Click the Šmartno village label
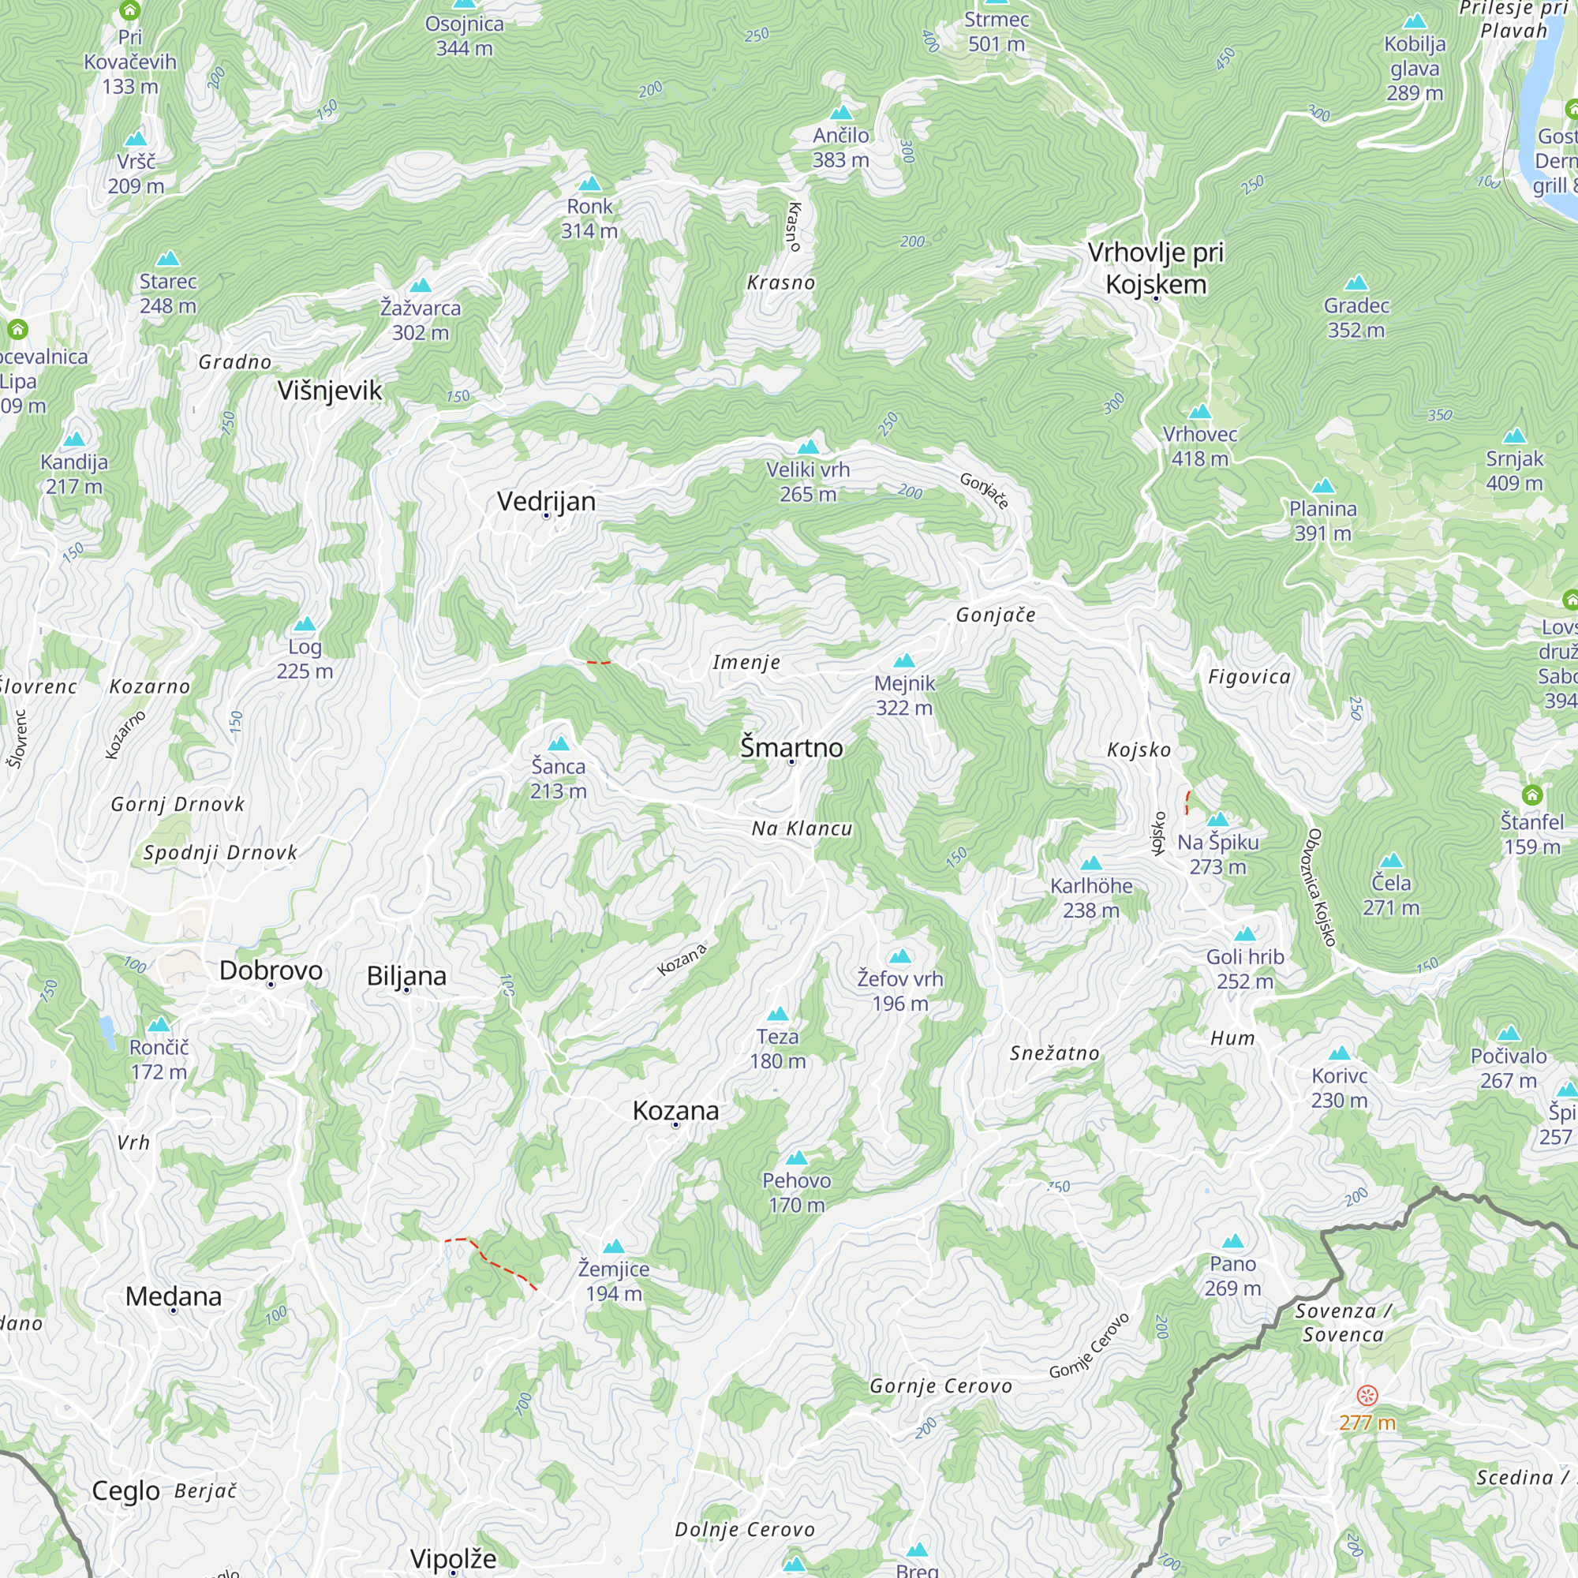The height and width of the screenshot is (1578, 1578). click(x=791, y=747)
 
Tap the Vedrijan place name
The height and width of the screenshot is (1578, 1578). click(x=546, y=501)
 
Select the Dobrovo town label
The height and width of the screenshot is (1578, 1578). click(x=271, y=970)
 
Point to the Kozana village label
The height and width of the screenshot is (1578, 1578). click(x=675, y=1111)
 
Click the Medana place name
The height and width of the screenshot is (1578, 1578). click(x=173, y=1296)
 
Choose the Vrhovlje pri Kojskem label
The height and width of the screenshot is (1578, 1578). click(x=1156, y=268)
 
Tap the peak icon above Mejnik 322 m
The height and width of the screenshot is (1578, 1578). click(x=904, y=660)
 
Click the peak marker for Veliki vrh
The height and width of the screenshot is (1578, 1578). click(x=808, y=447)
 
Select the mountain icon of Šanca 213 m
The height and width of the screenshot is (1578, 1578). click(x=559, y=743)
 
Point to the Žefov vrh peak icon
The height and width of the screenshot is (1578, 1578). click(x=900, y=956)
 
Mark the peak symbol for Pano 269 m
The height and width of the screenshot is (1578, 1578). click(x=1232, y=1241)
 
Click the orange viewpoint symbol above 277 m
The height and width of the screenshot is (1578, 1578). click(x=1367, y=1395)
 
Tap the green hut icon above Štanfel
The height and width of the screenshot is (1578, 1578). click(x=1532, y=795)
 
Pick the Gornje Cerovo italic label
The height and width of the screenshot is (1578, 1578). click(x=941, y=1386)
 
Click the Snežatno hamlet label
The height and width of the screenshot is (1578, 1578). click(x=1054, y=1053)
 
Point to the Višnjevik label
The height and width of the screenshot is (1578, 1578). click(x=329, y=391)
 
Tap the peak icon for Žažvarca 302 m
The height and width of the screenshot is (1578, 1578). click(x=421, y=285)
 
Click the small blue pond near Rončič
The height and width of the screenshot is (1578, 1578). click(x=107, y=1032)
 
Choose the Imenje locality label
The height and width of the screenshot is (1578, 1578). click(x=746, y=663)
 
